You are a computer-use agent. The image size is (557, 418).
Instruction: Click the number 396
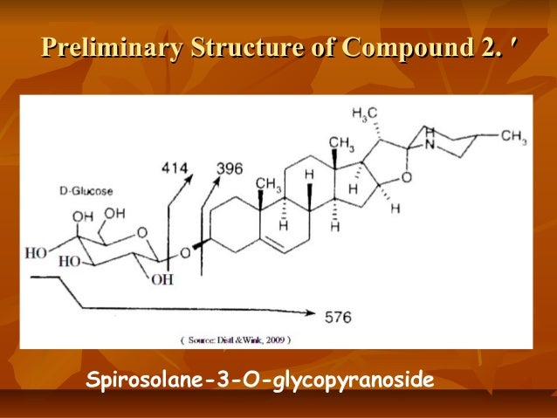pos(229,168)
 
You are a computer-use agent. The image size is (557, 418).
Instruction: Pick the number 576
pos(337,317)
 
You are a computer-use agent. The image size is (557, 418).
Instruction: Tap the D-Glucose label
pos(83,188)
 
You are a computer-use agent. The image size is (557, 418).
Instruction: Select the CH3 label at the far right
pos(514,137)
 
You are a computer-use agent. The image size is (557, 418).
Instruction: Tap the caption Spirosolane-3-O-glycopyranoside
pos(259,381)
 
